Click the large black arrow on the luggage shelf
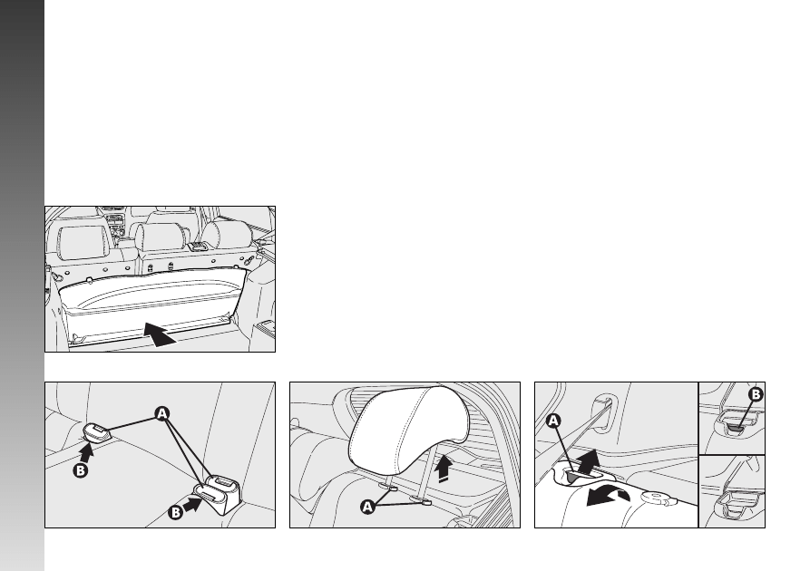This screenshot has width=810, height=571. point(159,334)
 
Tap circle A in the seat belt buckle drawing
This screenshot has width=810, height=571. point(162,413)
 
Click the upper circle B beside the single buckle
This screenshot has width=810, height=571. point(80,470)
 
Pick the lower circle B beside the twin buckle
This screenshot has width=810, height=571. point(176,512)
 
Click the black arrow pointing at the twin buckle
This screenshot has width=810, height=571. point(192,505)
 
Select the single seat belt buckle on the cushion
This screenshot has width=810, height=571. point(97,431)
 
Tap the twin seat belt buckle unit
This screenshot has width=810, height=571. point(217,493)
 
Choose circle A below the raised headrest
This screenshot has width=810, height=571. point(367,507)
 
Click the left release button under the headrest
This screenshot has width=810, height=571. point(391,488)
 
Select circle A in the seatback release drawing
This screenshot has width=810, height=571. point(553,421)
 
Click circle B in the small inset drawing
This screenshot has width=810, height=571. point(756,395)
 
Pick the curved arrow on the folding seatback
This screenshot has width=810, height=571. point(608,498)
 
